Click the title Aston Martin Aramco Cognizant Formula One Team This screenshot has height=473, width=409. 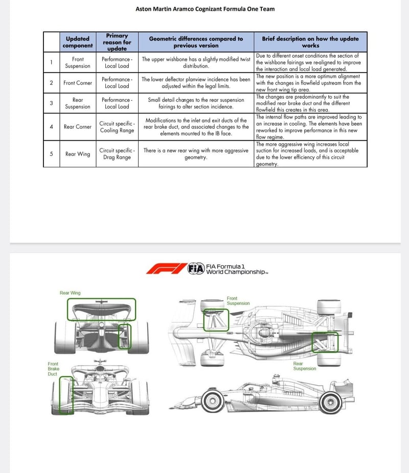click(204, 9)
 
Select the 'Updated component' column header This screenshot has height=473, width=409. click(78, 42)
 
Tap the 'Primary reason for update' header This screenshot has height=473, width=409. click(117, 42)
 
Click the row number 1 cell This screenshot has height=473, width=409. click(51, 62)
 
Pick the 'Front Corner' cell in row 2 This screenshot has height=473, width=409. click(78, 83)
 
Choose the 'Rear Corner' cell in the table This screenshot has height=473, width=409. click(78, 127)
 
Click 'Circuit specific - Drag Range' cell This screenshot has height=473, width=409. click(117, 154)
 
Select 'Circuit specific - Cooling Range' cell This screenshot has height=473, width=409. click(117, 127)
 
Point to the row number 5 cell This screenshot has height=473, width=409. click(51, 154)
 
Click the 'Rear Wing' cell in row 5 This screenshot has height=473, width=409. click(78, 154)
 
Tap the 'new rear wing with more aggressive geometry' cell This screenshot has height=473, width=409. click(196, 154)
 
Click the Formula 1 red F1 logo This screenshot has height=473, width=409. click(166, 268)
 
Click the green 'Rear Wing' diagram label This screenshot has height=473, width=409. click(70, 293)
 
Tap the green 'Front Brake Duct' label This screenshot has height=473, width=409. click(53, 369)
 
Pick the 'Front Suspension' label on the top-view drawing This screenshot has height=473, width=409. click(238, 301)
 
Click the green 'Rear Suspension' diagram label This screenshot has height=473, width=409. click(305, 366)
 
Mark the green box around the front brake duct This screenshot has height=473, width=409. click(66, 395)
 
